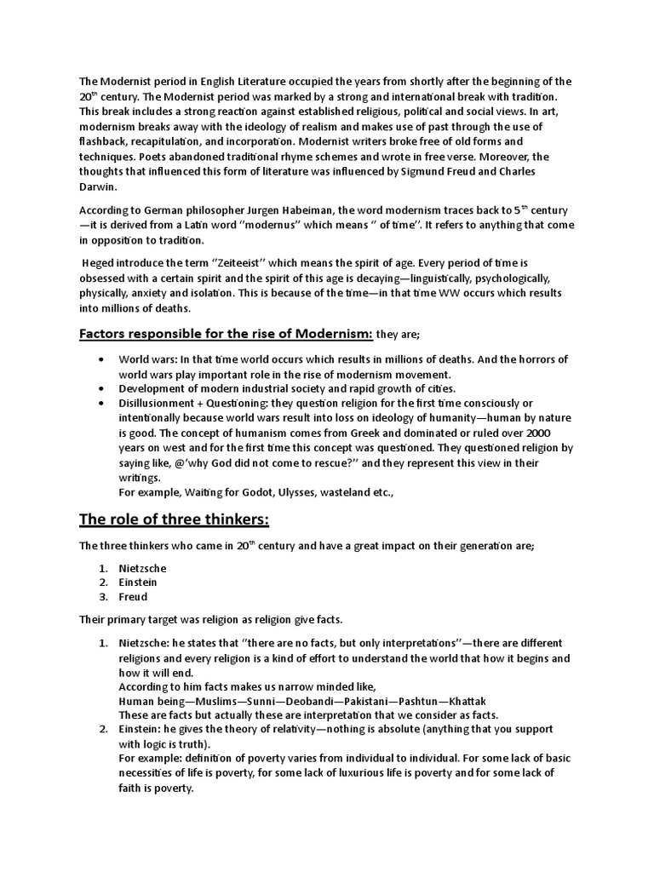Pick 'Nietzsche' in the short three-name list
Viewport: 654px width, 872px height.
click(x=143, y=568)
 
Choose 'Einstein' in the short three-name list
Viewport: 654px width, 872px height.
click(x=139, y=582)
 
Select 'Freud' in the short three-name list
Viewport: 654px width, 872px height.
click(x=134, y=597)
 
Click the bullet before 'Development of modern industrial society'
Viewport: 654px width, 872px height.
click(x=103, y=388)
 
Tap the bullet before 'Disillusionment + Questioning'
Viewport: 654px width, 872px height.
click(x=103, y=403)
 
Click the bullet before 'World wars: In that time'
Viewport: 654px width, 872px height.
click(x=103, y=359)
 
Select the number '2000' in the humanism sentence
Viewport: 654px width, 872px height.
click(x=562, y=433)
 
